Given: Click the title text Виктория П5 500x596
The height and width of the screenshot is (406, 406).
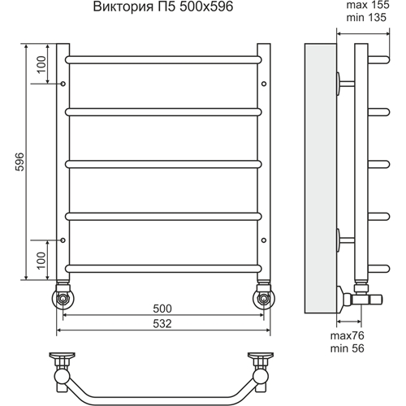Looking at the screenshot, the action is pos(163,6).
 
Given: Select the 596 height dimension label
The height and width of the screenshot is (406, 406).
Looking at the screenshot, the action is pos(19,162).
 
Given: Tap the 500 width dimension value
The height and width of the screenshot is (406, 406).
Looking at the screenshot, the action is pos(162,309).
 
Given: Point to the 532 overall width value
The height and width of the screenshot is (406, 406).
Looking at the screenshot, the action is pos(162,324).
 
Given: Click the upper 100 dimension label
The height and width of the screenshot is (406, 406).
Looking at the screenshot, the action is pos(41,64).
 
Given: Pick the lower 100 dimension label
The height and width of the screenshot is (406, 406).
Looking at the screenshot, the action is pos(41,261).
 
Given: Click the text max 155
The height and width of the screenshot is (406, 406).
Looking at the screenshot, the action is pos(368,5).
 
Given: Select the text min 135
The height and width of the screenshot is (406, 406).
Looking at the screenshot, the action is pos(366,18).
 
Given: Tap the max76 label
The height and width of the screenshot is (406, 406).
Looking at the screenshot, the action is pos(348,336).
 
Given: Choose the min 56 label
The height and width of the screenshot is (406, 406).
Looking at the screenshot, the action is pos(348,348).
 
